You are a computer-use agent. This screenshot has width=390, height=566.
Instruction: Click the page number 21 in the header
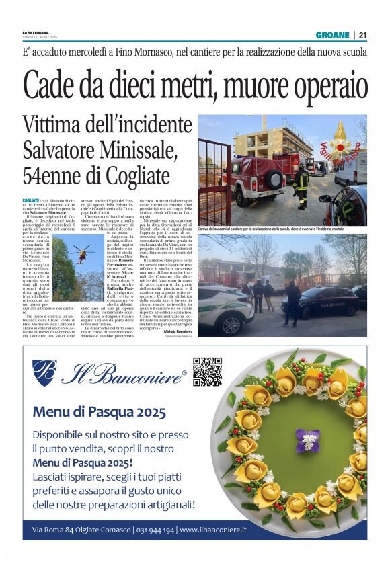click(x=362, y=35)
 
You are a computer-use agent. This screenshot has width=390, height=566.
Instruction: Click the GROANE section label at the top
click(x=334, y=35)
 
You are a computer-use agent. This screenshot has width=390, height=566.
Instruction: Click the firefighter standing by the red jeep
click(x=301, y=184)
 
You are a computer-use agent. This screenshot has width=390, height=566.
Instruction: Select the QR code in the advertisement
click(x=207, y=372)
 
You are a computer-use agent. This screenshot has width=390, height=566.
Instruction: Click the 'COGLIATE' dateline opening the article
click(x=31, y=200)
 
